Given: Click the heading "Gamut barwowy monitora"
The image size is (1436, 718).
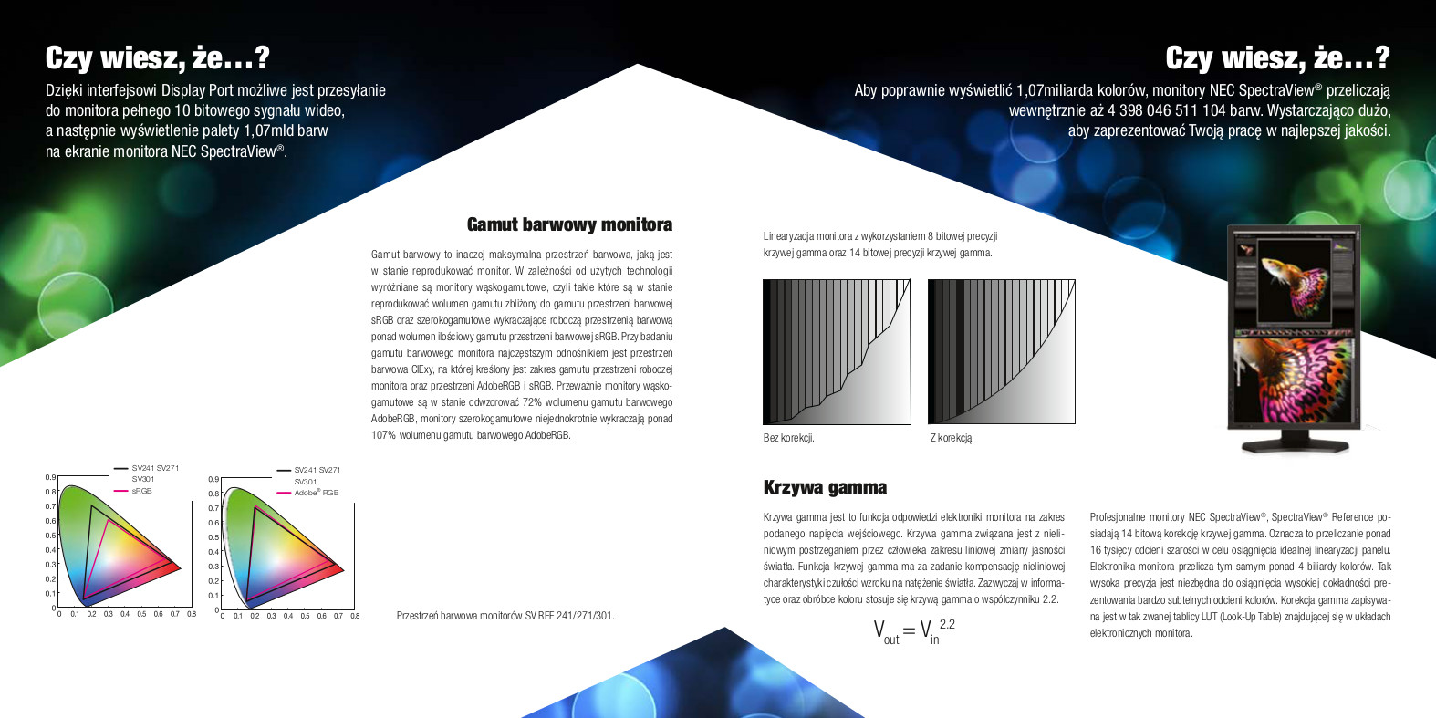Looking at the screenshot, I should [x=569, y=224].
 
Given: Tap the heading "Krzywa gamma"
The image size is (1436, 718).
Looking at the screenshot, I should [x=825, y=487].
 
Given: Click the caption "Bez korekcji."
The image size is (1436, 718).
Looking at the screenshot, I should [x=788, y=438].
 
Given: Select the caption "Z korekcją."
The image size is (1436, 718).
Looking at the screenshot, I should [x=952, y=438].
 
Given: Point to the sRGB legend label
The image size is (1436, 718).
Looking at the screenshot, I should [x=141, y=491].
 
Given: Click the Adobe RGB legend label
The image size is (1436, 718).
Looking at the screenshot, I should [x=316, y=493].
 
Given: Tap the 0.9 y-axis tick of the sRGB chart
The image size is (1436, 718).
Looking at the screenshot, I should [x=50, y=477].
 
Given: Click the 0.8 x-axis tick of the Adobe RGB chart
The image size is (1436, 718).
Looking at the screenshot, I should [x=355, y=616].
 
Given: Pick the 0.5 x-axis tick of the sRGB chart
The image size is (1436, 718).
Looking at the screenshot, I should [x=141, y=614].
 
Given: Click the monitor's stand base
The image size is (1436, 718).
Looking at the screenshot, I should [x=1294, y=445].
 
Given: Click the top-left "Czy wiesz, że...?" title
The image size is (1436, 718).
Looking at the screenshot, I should [x=158, y=58].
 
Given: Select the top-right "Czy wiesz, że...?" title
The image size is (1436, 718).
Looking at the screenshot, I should [x=1277, y=58].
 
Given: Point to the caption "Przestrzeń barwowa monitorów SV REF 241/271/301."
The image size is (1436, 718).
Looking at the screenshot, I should [x=505, y=616].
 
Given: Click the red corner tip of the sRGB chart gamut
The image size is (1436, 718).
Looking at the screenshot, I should [x=179, y=568].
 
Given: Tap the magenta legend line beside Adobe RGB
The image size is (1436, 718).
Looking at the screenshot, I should [x=284, y=493].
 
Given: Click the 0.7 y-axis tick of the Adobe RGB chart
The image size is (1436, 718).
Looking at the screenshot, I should [x=213, y=508].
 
